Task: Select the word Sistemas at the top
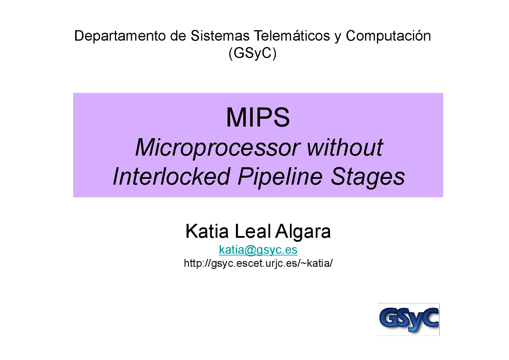click(220, 36)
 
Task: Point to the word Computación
click(388, 36)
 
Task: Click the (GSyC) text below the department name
click(252, 53)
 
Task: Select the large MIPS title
click(258, 118)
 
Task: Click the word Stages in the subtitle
click(368, 177)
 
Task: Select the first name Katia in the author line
click(207, 232)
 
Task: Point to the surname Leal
click(253, 232)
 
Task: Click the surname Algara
click(303, 232)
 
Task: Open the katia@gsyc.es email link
click(258, 250)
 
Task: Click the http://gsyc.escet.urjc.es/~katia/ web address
click(258, 263)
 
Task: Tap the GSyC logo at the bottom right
click(408, 319)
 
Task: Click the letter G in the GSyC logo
click(389, 319)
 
